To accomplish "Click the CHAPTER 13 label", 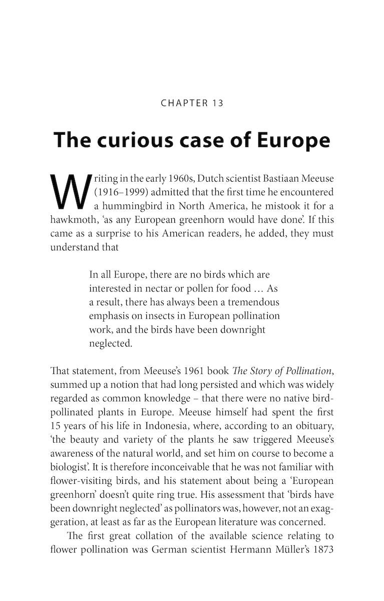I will pos(192,103).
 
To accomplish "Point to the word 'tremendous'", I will pos(251,303).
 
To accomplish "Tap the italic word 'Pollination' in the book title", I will pos(306,372).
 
